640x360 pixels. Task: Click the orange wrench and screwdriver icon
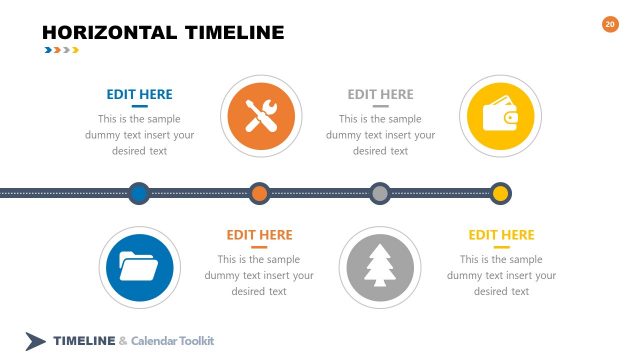[x=260, y=116]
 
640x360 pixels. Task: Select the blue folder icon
[x=139, y=267]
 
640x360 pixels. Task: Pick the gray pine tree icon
[x=380, y=267]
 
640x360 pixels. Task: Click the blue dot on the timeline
[x=139, y=192]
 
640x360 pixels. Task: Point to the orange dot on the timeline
[x=260, y=192]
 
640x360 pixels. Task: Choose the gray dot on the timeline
[x=380, y=192]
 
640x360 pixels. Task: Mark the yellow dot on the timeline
[x=500, y=192]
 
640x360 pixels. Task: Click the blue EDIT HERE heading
[x=139, y=94]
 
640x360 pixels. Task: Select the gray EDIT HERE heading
[x=380, y=94]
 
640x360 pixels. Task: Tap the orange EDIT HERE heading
[x=259, y=235]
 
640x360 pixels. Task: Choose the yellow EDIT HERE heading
[x=501, y=235]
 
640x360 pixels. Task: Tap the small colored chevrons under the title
[x=60, y=50]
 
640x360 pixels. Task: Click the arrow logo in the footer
[x=36, y=341]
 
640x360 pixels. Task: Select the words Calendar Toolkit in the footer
[x=173, y=341]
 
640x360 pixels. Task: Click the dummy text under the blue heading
[x=139, y=134]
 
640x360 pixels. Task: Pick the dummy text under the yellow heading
[x=501, y=275]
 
